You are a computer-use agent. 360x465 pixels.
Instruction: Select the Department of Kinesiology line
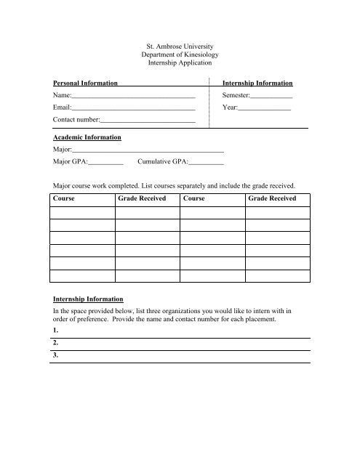(179, 55)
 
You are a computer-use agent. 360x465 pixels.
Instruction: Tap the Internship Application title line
(179, 65)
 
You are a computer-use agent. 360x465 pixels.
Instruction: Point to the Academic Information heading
(87, 137)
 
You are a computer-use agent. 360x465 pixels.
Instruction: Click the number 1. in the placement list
(56, 331)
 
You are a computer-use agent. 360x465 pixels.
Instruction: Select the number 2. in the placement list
(56, 344)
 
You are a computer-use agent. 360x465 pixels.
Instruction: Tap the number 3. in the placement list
(56, 357)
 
